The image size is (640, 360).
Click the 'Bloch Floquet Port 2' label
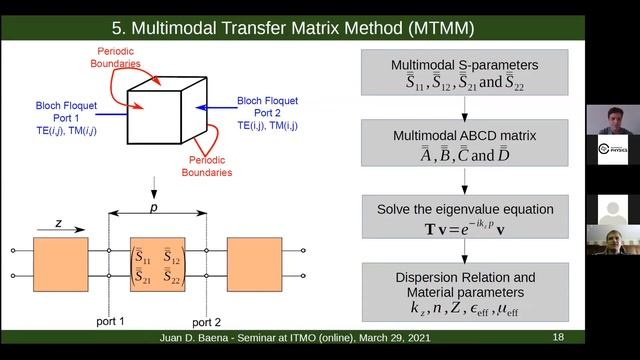[268, 113]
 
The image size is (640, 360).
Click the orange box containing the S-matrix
[157, 262]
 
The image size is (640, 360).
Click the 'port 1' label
[109, 322]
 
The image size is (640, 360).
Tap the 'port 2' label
[206, 322]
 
